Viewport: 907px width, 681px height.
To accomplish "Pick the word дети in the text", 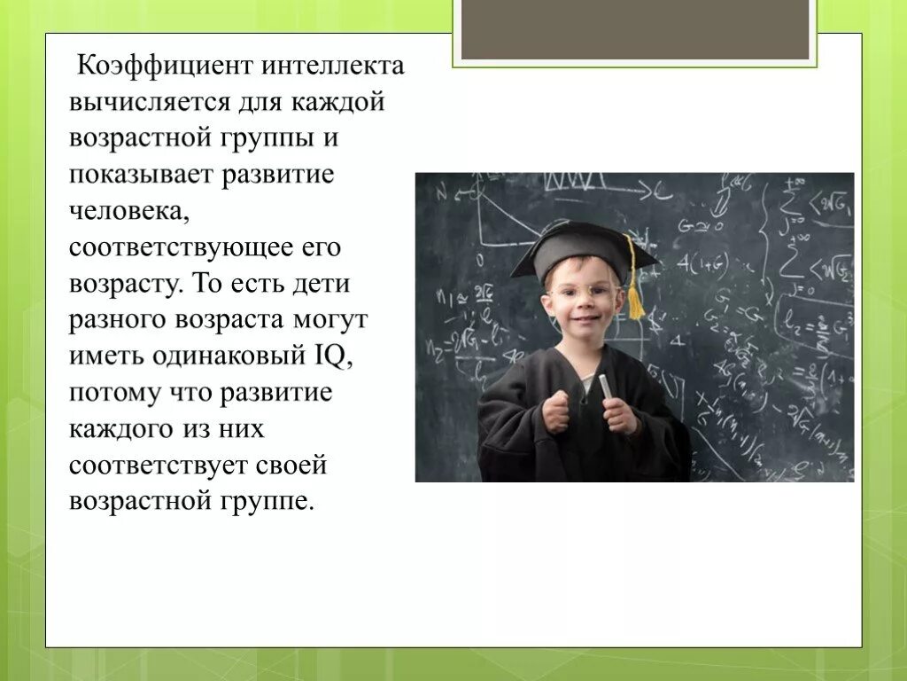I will click(323, 284).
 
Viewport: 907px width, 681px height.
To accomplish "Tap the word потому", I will click(111, 392).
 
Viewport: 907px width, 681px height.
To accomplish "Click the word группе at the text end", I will click(271, 501).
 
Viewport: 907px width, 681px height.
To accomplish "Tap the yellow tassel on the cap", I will click(635, 293).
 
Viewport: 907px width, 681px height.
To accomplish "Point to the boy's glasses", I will click(581, 291).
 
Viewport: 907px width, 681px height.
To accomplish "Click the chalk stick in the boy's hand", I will click(606, 387).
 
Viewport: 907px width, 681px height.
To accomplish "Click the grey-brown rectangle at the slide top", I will click(635, 30).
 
